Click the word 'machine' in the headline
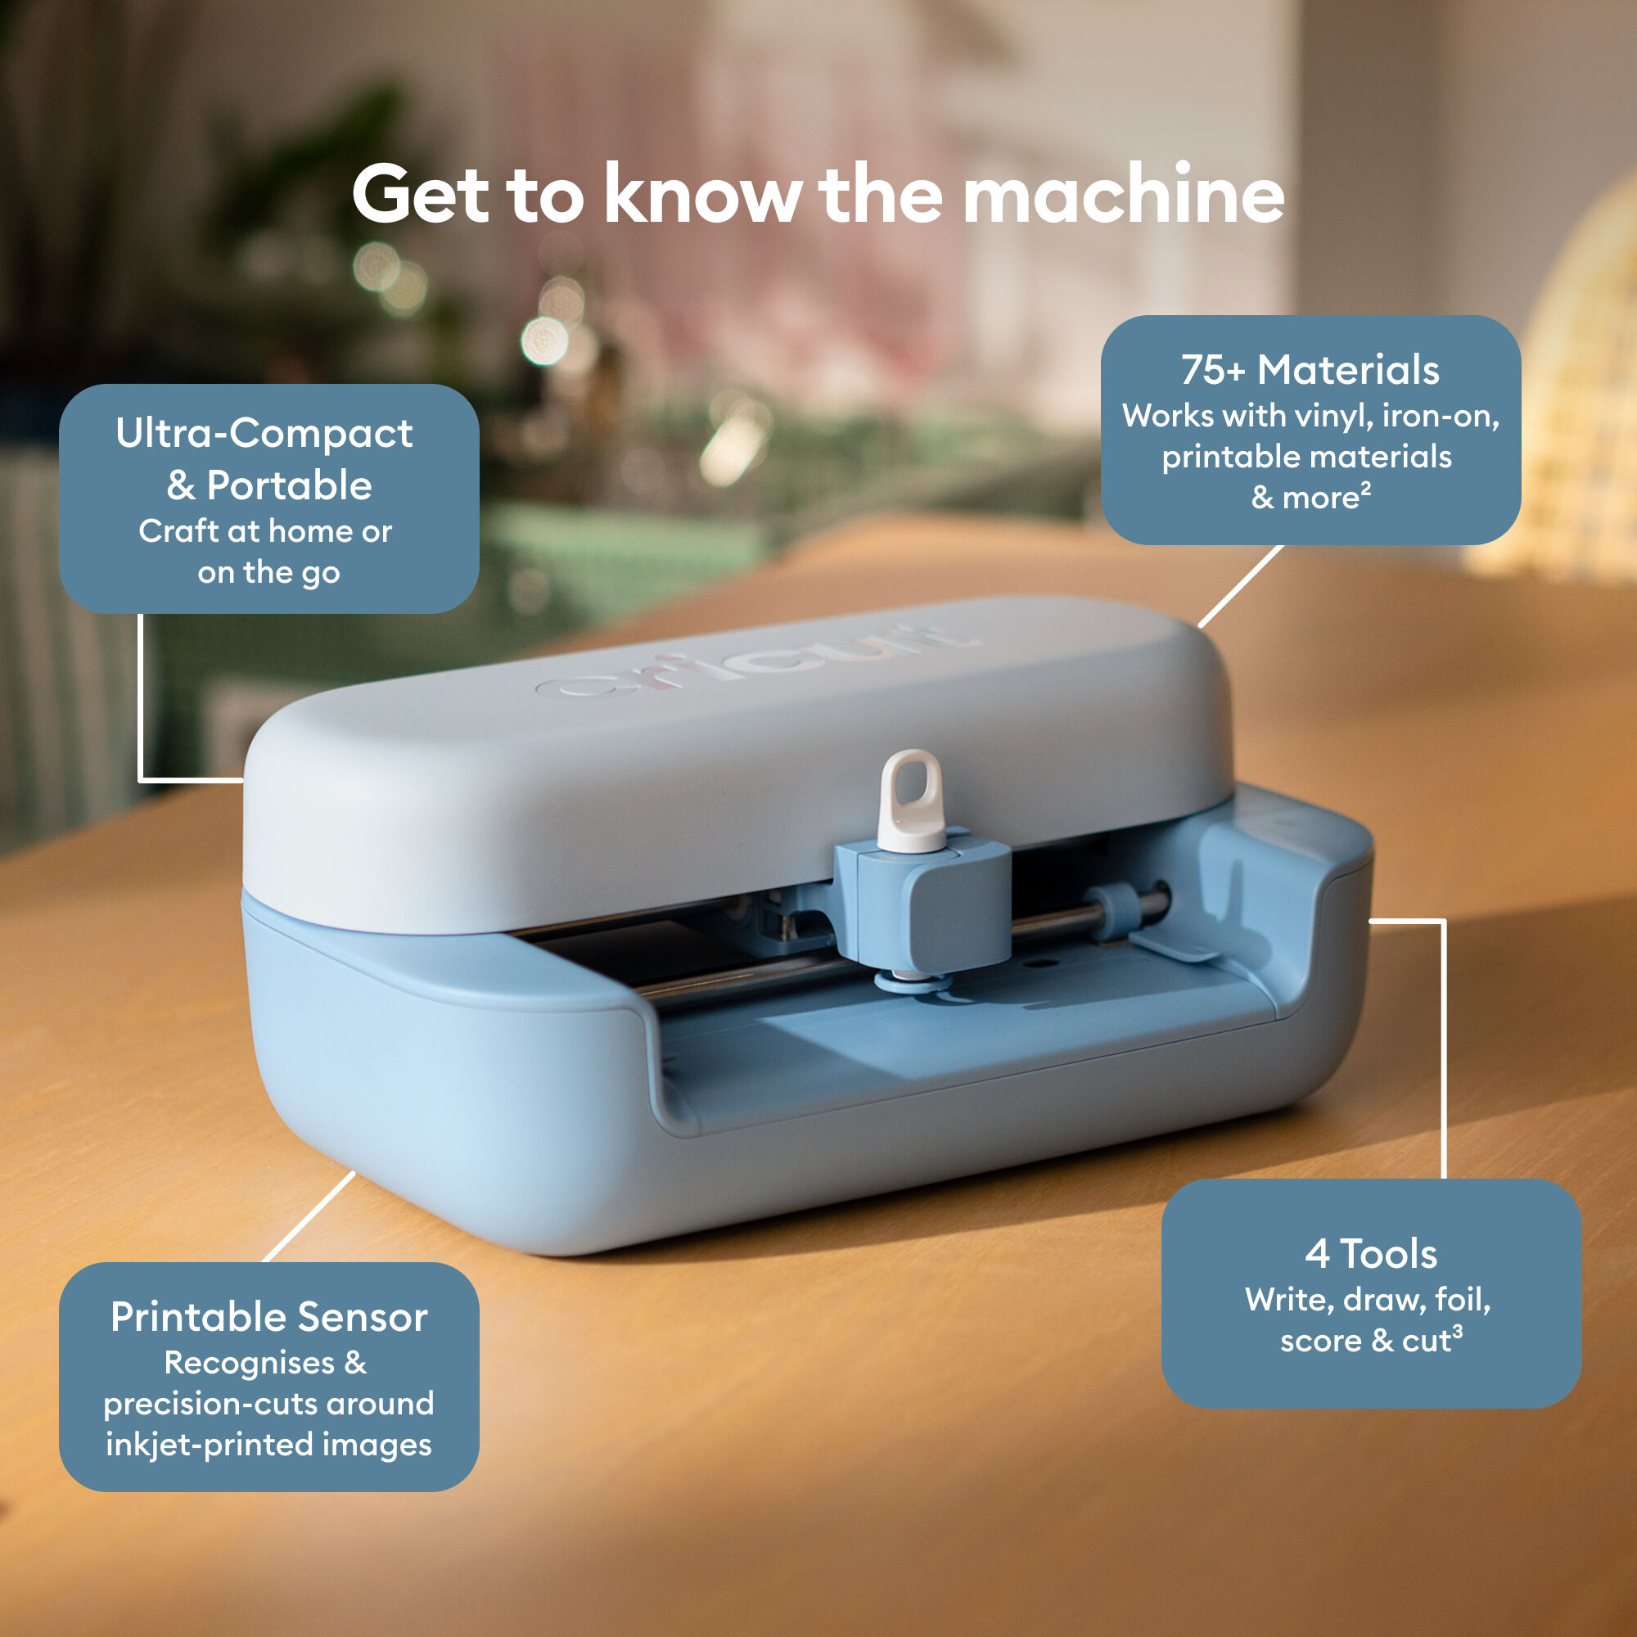[1124, 195]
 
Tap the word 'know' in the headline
[701, 195]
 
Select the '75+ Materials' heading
[1310, 370]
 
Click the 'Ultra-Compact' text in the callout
[264, 434]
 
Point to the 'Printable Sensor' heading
[268, 1318]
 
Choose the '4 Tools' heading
[1370, 1254]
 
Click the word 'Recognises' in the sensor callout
[249, 1363]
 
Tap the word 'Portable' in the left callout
[289, 485]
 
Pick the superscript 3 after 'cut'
[1457, 1331]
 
